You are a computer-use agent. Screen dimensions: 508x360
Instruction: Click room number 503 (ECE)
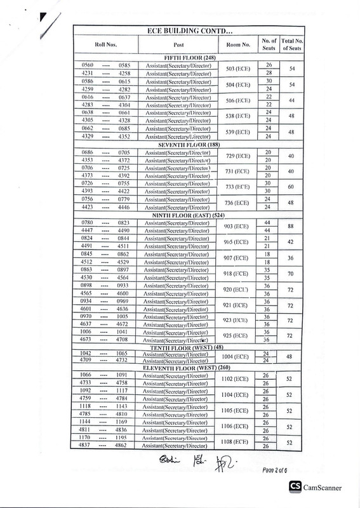pyautogui.click(x=238, y=69)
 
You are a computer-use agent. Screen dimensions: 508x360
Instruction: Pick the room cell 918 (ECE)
pyautogui.click(x=238, y=272)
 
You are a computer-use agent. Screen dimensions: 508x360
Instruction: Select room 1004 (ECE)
pyautogui.click(x=238, y=358)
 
